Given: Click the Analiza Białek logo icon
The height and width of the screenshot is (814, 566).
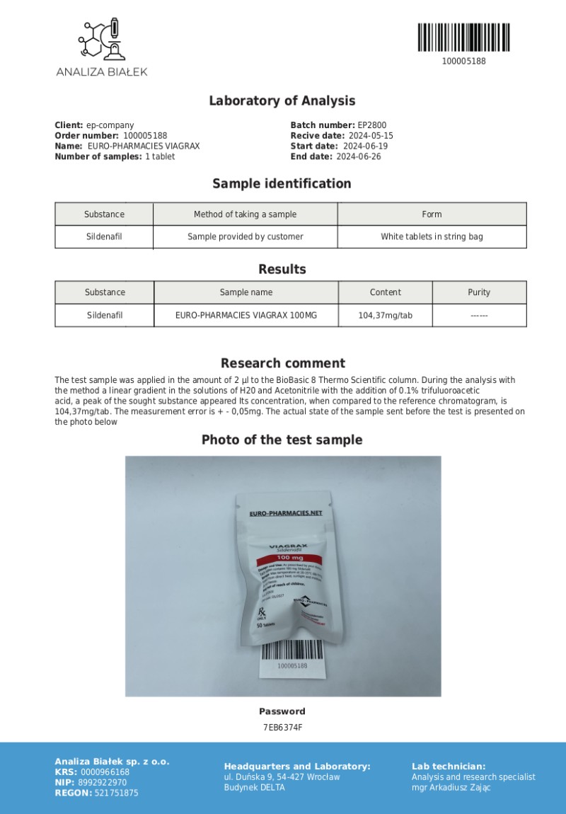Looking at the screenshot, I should (x=102, y=40).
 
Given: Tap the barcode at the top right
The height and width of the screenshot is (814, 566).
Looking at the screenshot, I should (x=463, y=37).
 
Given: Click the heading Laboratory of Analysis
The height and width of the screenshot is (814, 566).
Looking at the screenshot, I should (x=282, y=101).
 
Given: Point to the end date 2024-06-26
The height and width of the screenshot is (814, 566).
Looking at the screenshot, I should (x=358, y=157).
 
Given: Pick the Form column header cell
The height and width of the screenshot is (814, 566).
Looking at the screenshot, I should (x=432, y=214).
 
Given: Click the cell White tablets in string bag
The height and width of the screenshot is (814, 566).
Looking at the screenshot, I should (x=432, y=236).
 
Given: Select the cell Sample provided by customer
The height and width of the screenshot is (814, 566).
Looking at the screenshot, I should (x=245, y=236).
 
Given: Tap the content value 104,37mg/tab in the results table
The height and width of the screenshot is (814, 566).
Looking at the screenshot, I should (x=385, y=315).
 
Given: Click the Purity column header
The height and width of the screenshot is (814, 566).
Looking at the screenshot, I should (x=479, y=292).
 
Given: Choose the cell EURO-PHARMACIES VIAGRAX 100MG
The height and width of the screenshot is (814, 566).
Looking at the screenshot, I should (x=246, y=315).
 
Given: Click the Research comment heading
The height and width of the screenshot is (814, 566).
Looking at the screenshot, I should (x=282, y=363).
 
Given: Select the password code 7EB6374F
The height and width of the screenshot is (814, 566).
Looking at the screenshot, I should (x=282, y=727).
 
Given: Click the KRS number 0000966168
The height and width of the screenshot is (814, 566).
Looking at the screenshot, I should (x=105, y=772).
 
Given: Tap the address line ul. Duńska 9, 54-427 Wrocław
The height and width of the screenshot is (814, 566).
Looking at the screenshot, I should (x=282, y=777).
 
